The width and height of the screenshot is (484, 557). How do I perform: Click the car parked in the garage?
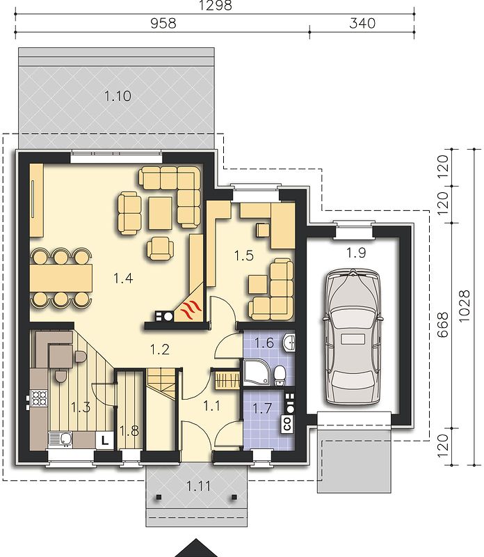352,337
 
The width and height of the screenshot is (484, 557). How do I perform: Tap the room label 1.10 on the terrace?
118,96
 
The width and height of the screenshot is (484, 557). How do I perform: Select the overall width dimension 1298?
216,6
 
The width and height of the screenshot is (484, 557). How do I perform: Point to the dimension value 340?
362,24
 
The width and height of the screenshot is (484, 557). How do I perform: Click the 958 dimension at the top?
163,24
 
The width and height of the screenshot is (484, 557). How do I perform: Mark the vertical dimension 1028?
464,306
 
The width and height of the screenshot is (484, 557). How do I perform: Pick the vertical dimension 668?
442,324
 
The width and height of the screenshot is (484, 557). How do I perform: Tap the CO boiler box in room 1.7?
287,423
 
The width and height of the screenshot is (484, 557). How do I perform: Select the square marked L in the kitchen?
105,441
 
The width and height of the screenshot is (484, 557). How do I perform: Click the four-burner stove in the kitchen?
39,398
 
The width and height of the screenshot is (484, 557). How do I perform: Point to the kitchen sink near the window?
60,439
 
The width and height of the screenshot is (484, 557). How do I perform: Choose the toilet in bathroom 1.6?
280,375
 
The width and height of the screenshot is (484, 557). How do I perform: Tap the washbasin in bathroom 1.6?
289,343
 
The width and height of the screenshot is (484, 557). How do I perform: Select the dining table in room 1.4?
61,277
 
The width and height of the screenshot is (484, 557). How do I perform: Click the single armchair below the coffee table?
160,248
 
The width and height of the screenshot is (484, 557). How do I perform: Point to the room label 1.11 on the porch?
198,485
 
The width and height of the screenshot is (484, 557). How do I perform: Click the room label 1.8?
129,431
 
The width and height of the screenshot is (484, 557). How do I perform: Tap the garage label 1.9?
356,253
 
